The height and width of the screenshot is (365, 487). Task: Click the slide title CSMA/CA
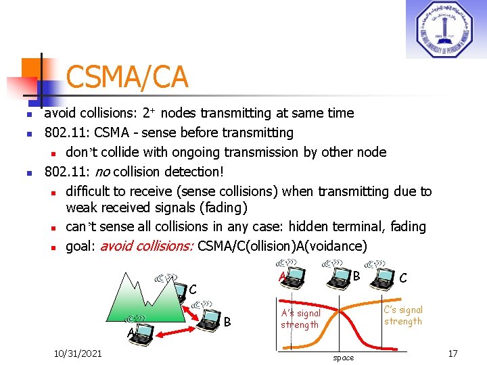[x=126, y=78]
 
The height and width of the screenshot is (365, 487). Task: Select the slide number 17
[x=453, y=353]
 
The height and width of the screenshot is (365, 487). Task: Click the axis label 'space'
[x=343, y=358]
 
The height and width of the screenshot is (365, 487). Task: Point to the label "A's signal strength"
[x=300, y=319]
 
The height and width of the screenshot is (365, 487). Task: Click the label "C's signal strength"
[x=403, y=315]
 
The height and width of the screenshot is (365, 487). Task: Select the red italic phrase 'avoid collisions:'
[x=147, y=246]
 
